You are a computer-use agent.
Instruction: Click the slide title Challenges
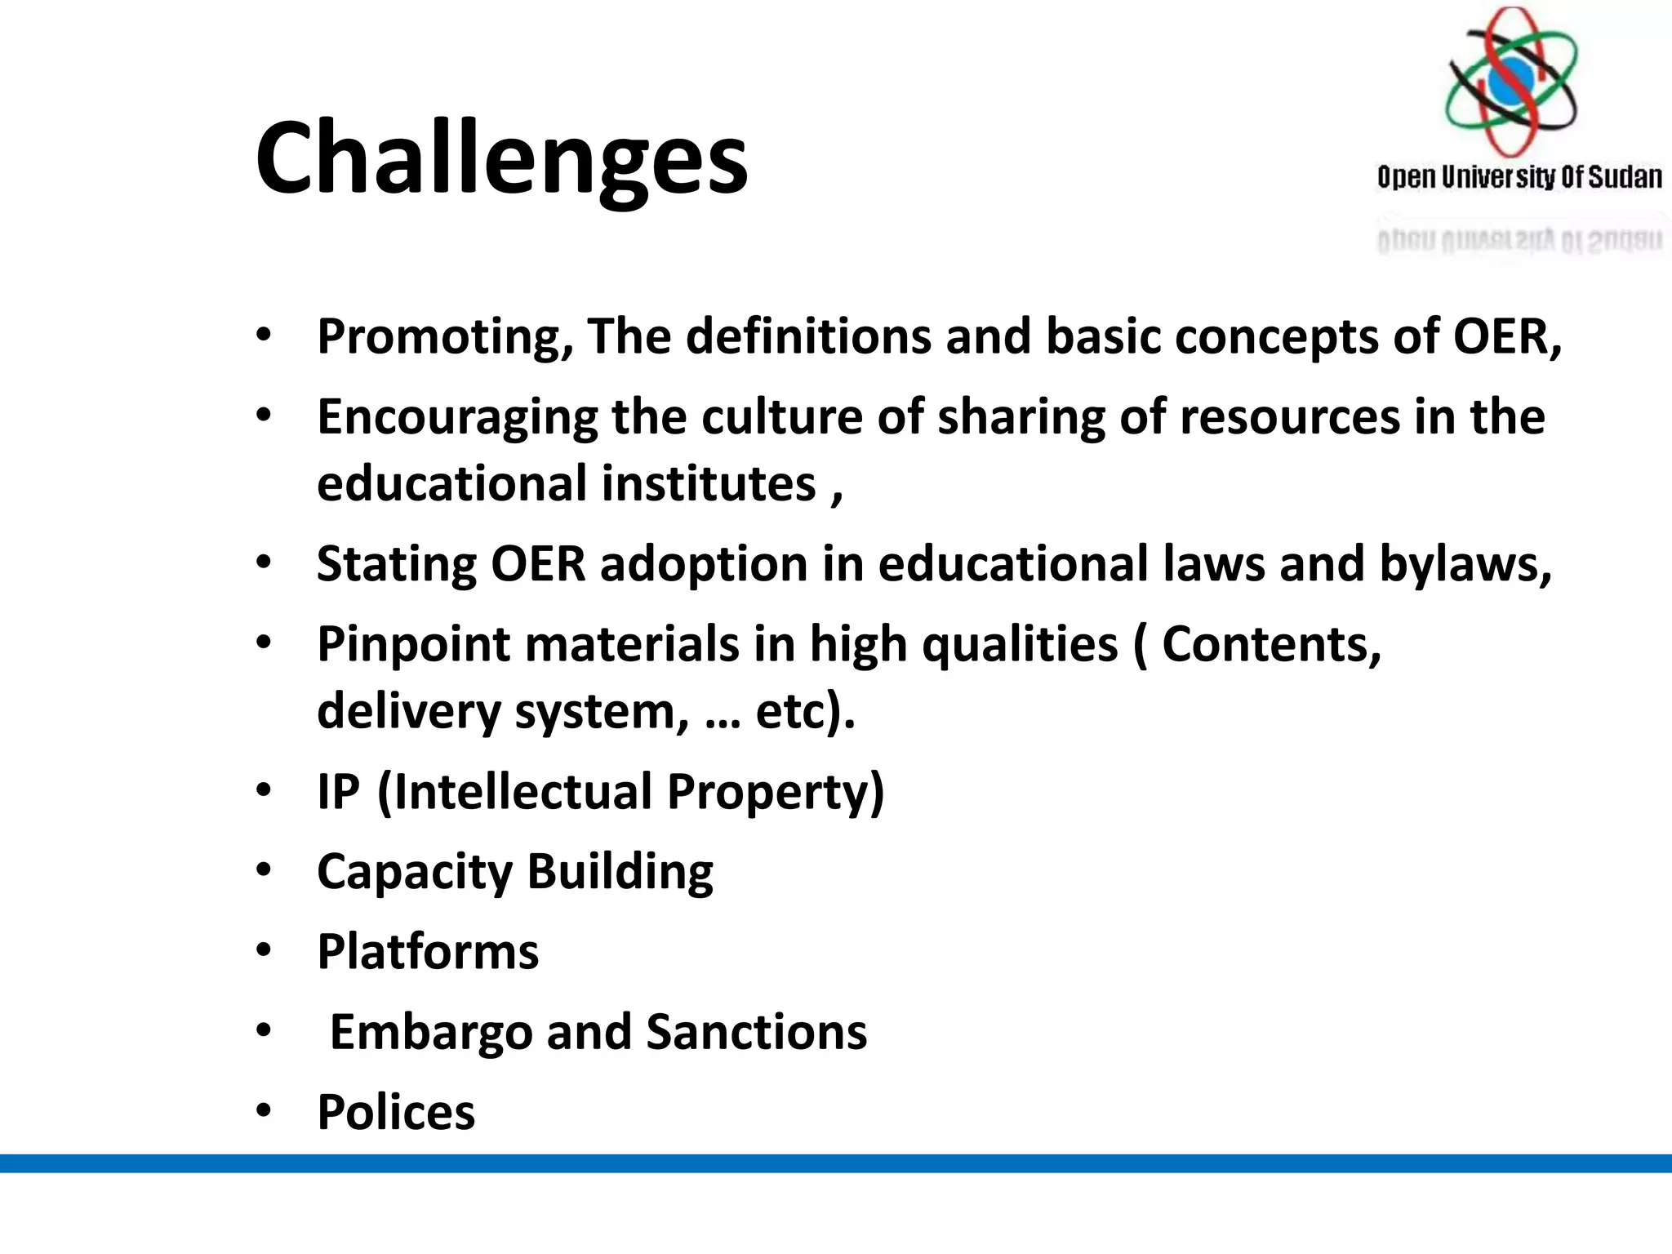click(x=501, y=158)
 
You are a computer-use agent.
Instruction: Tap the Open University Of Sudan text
click(x=1519, y=177)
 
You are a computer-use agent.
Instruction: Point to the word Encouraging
click(x=457, y=418)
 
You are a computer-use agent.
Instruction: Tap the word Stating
click(x=396, y=565)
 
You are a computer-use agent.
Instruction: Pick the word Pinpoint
click(x=413, y=645)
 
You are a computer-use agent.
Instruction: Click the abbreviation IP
click(x=338, y=791)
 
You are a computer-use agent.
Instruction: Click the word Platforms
click(x=428, y=951)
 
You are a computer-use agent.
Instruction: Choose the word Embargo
click(x=430, y=1033)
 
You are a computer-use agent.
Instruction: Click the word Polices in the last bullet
click(x=396, y=1112)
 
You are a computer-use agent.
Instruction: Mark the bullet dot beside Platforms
click(x=263, y=950)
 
